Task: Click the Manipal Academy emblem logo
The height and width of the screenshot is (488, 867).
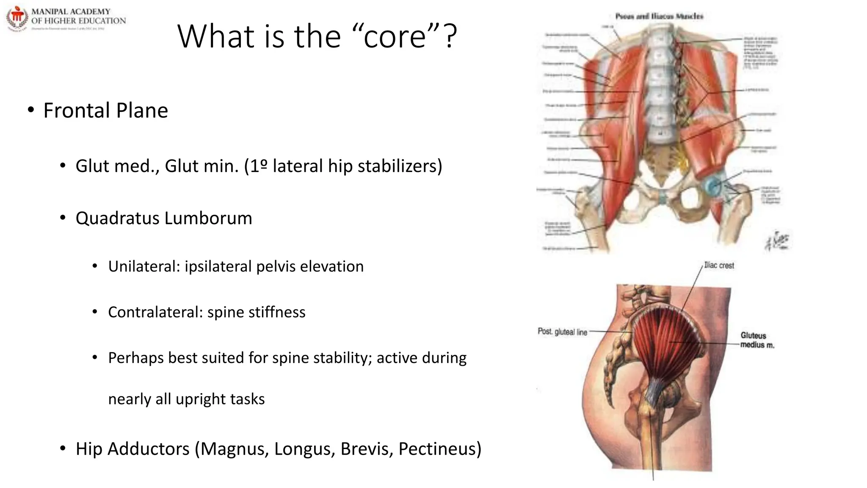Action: (17, 18)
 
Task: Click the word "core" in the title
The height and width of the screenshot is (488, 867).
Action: (395, 37)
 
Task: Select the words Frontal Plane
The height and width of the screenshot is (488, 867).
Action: (106, 111)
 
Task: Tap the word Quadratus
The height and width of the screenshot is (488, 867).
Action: (117, 219)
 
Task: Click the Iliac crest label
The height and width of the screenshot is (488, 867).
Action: (719, 266)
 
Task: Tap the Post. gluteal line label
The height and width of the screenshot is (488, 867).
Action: (562, 332)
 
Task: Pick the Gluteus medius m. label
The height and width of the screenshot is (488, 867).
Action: (757, 340)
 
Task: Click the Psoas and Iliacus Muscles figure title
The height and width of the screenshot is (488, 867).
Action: (659, 17)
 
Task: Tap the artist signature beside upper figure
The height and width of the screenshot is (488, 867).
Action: (777, 241)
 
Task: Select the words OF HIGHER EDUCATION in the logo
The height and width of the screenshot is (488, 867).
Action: (78, 21)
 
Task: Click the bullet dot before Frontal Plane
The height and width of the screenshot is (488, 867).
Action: (30, 111)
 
